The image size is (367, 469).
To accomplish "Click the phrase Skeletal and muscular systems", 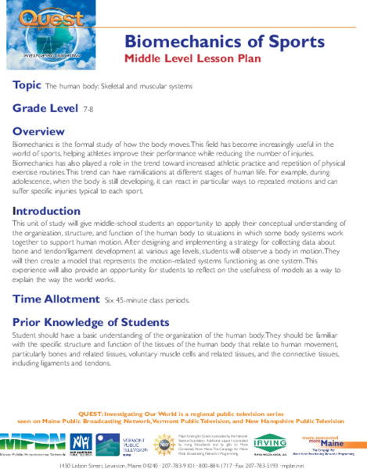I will pyautogui.click(x=150, y=86).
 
